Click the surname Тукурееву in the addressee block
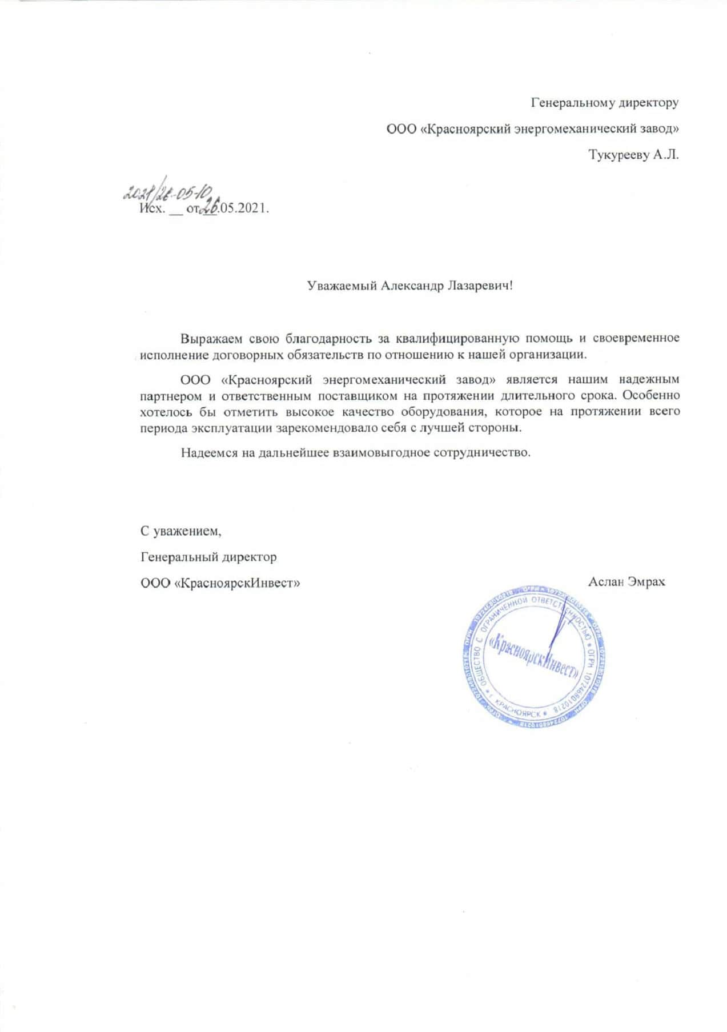618,155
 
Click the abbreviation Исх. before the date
152,208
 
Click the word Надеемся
206,453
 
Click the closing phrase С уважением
180,531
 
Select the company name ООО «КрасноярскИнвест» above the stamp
220,583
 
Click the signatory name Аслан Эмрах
626,583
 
